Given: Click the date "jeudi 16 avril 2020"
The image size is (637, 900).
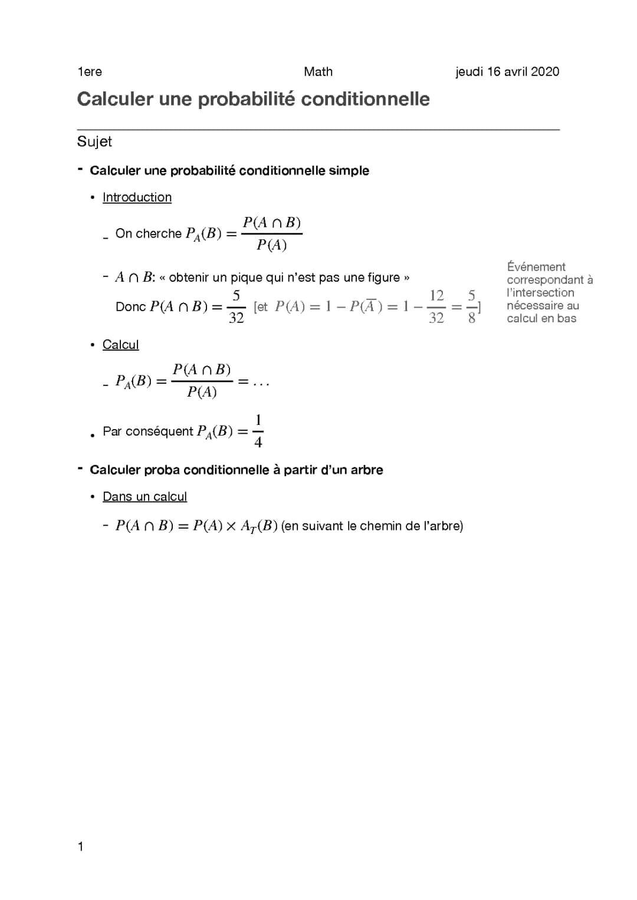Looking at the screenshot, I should [x=507, y=72].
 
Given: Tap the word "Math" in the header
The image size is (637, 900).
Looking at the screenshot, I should [x=318, y=72].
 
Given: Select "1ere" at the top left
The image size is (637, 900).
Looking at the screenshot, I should [x=90, y=72].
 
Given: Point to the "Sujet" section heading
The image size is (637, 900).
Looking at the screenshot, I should [x=94, y=141].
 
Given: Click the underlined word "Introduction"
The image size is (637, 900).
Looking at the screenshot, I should [x=137, y=197].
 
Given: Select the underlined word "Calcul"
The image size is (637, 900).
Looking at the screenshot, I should [x=120, y=345].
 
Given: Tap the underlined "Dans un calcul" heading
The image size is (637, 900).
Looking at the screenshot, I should [x=145, y=497].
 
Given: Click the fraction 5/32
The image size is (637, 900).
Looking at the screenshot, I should [x=236, y=306].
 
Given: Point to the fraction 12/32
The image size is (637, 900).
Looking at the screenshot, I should [x=436, y=306].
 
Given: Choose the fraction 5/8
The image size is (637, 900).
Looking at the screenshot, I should [x=471, y=306].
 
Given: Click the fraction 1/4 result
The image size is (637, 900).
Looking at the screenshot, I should [x=258, y=431].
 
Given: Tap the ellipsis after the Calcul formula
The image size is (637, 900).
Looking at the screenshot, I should [x=261, y=382].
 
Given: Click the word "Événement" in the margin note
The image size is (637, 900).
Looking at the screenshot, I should [x=536, y=267].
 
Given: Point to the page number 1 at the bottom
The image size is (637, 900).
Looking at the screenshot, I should [x=80, y=847].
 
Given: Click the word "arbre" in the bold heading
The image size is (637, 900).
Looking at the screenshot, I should [x=366, y=470].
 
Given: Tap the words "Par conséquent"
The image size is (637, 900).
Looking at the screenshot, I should [x=147, y=431].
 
